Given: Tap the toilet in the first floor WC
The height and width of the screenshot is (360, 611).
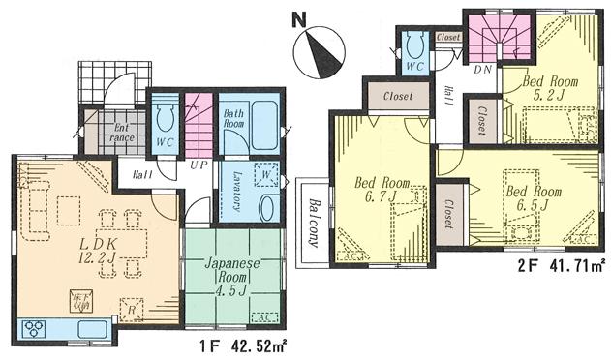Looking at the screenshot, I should tap(164, 119).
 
